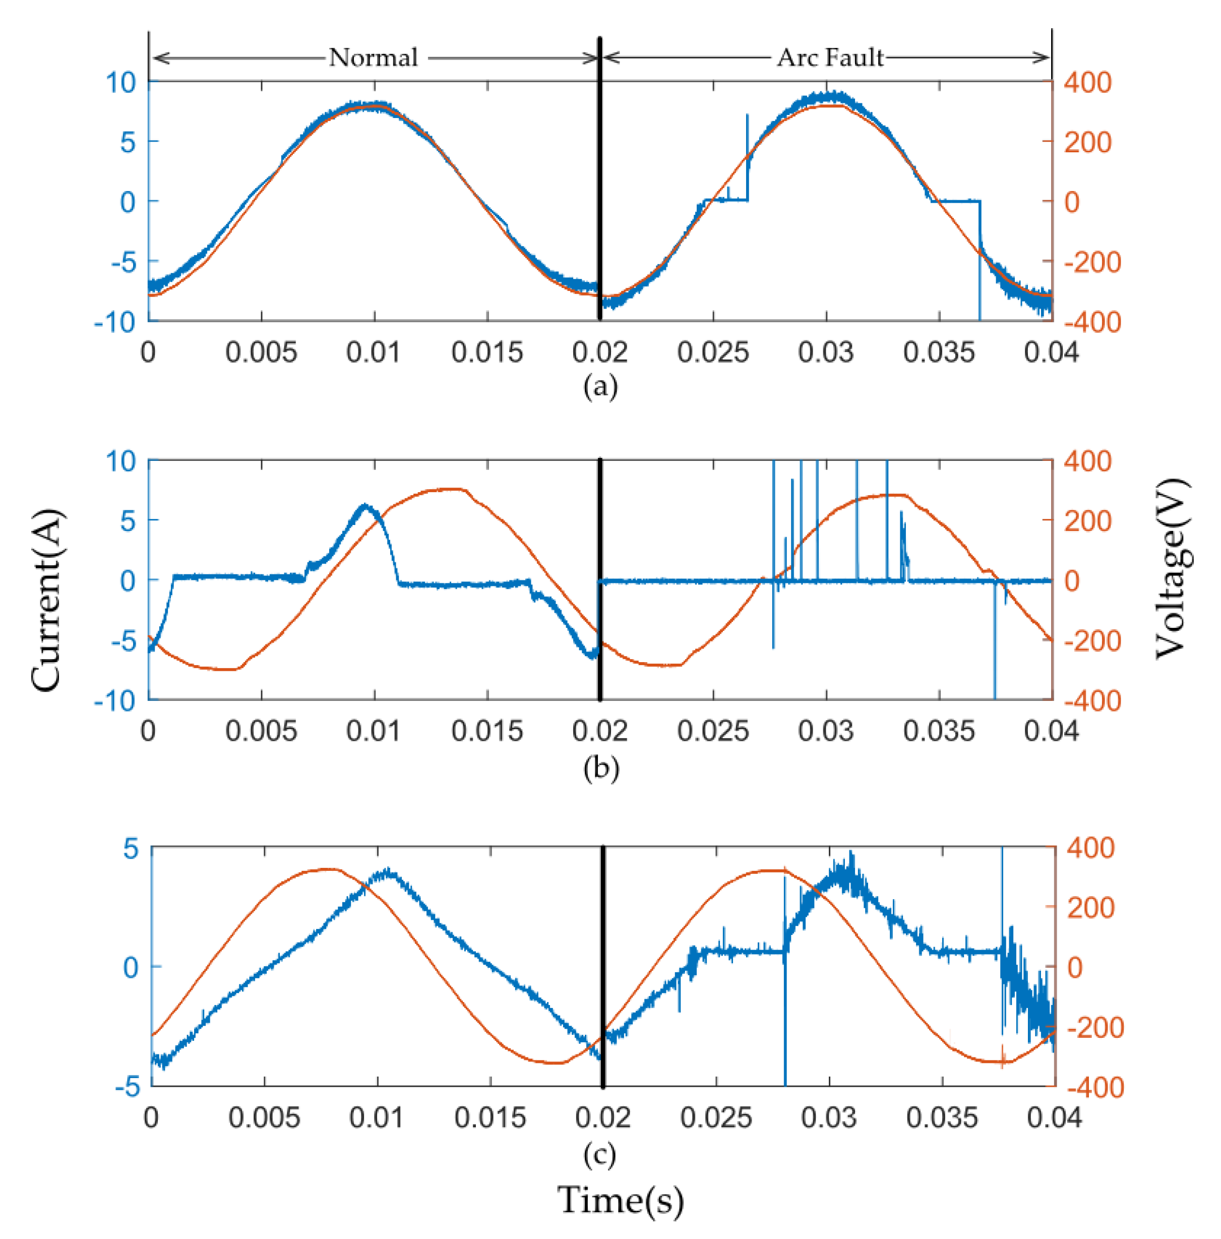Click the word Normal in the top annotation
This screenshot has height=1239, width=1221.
[373, 57]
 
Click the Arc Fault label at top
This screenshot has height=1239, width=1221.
[830, 57]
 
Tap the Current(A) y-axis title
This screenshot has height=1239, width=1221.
[46, 600]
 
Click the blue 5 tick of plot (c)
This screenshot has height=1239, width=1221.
[131, 849]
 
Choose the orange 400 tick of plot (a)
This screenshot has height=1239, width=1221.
[1087, 83]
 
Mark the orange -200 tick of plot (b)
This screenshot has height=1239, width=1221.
[1092, 640]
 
